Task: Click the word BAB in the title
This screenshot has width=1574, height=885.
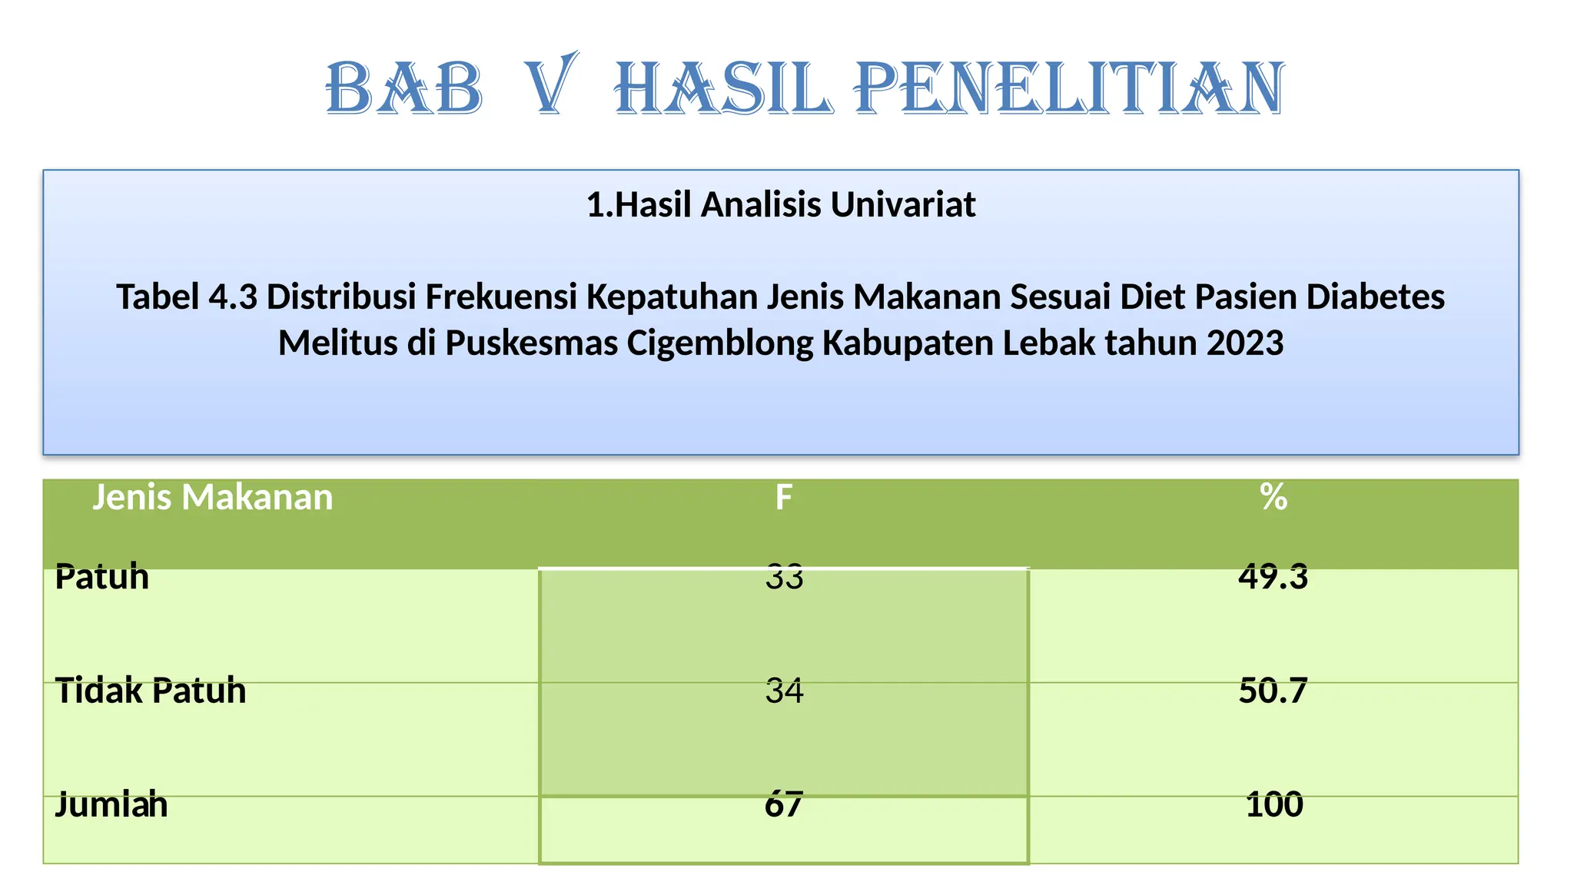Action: click(x=405, y=89)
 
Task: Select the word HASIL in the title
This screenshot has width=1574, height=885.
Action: click(x=723, y=89)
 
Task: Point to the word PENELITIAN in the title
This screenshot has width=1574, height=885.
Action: click(x=1069, y=89)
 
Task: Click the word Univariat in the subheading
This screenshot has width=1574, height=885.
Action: click(x=903, y=205)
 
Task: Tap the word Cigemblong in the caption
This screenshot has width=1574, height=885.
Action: click(x=720, y=343)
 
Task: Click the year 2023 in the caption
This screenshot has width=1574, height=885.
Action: click(x=1245, y=343)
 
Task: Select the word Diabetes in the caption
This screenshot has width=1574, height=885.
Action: click(x=1376, y=297)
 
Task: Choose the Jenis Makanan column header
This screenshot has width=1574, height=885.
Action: click(x=213, y=497)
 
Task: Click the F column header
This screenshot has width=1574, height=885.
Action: click(x=783, y=498)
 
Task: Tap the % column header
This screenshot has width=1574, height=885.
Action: click(x=1273, y=498)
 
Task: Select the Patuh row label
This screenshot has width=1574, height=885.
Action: click(x=102, y=576)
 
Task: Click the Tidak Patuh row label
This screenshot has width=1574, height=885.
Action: click(x=151, y=690)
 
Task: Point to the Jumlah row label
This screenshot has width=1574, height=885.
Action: click(x=111, y=804)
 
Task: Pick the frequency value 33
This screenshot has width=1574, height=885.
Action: click(x=784, y=576)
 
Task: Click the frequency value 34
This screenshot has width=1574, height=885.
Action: click(x=784, y=691)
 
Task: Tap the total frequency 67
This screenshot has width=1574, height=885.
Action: click(x=784, y=804)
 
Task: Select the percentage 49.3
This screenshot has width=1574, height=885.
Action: click(x=1273, y=576)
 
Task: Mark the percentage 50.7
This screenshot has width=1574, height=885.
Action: click(x=1273, y=691)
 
